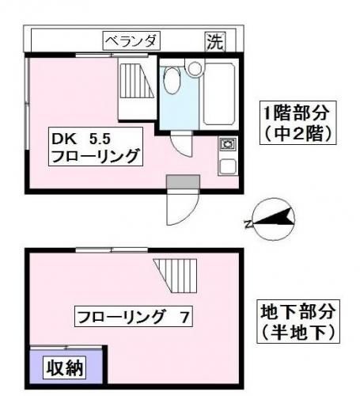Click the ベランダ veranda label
pos(131,41)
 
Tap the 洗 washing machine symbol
pos(215,42)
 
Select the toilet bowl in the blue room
pos(172,80)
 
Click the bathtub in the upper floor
pos(219,93)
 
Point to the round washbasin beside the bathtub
pos(195,68)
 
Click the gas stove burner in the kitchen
pos(227,144)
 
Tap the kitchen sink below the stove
pos(228,166)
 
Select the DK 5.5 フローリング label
pos(96,147)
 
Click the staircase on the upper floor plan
pos(137,81)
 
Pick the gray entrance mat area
pos(183,182)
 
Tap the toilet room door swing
pos(181,144)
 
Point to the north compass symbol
pos(274,219)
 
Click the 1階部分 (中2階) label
pos(297,123)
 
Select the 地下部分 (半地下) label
pos(298,322)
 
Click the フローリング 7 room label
pos(133,317)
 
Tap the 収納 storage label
pos(65,367)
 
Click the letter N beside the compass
pos(248,225)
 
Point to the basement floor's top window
pos(112,249)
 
